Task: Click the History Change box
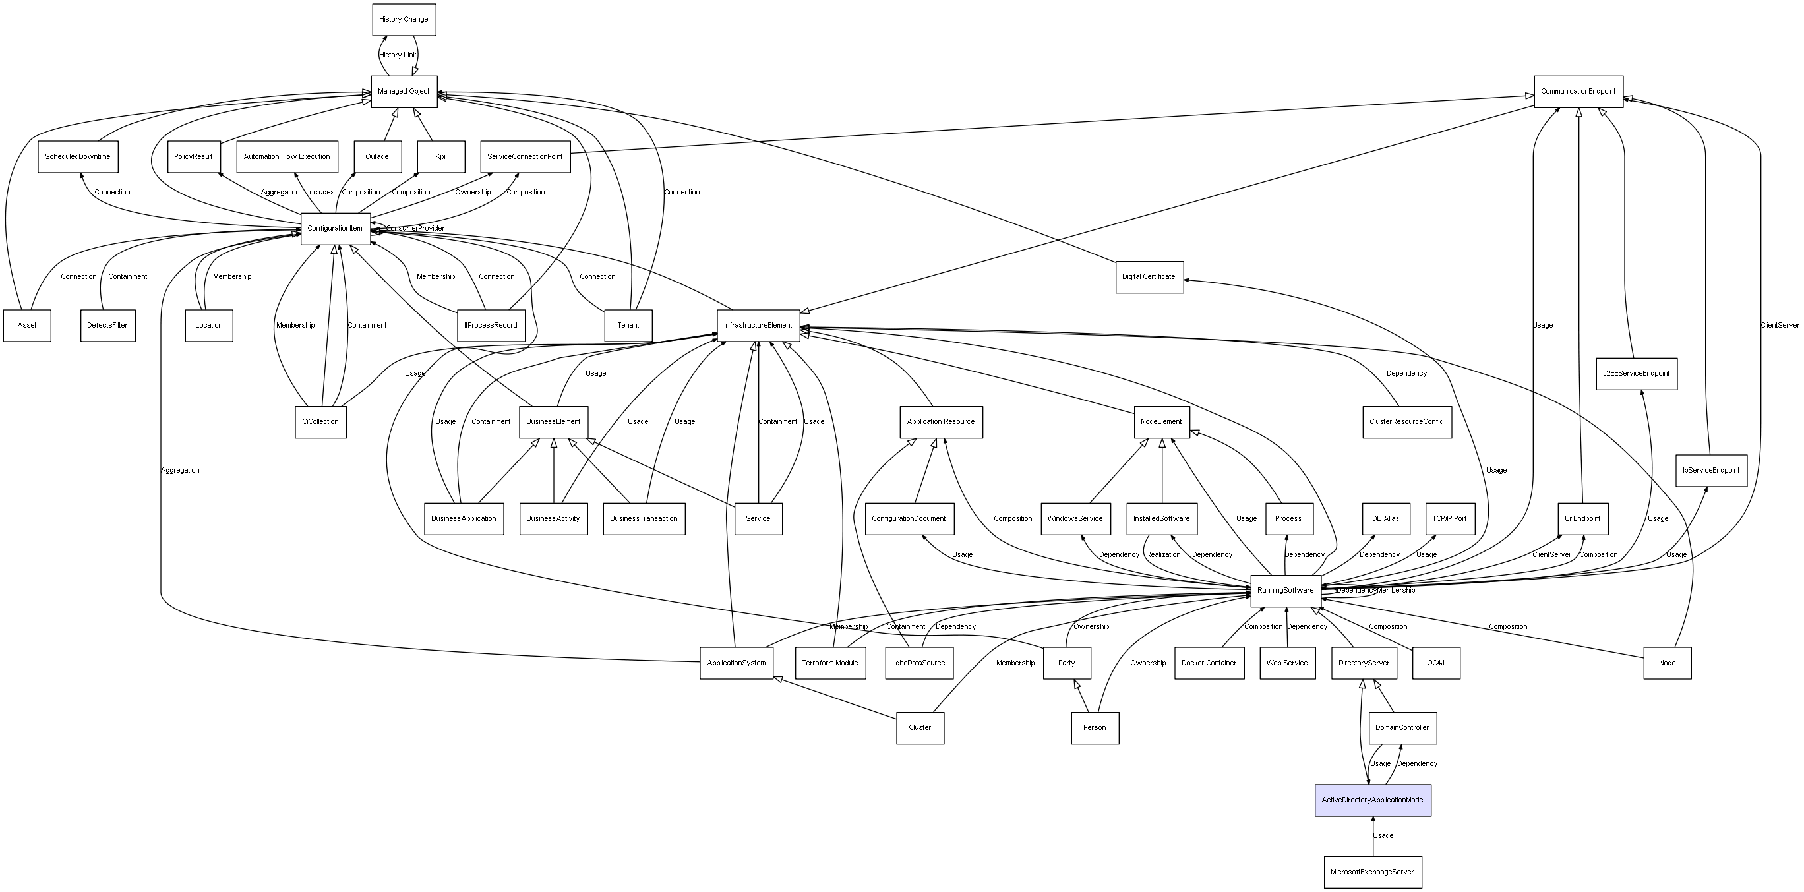click(404, 20)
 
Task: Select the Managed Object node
click(404, 92)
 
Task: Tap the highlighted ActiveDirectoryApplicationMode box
click(1372, 800)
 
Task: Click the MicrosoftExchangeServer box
click(1372, 872)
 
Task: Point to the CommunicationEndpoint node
click(1578, 92)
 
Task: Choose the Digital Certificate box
click(1149, 276)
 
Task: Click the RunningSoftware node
click(1285, 590)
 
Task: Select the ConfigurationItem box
click(335, 229)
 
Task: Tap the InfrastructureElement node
click(758, 326)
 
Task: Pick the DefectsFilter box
click(107, 326)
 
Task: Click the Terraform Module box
click(830, 663)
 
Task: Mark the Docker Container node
click(1209, 663)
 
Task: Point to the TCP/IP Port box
click(1449, 518)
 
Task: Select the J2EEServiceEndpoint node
click(1636, 373)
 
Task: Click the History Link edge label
click(397, 55)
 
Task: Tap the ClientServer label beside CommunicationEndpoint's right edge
click(1779, 326)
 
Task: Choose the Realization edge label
click(1162, 554)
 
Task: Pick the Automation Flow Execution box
click(286, 157)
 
